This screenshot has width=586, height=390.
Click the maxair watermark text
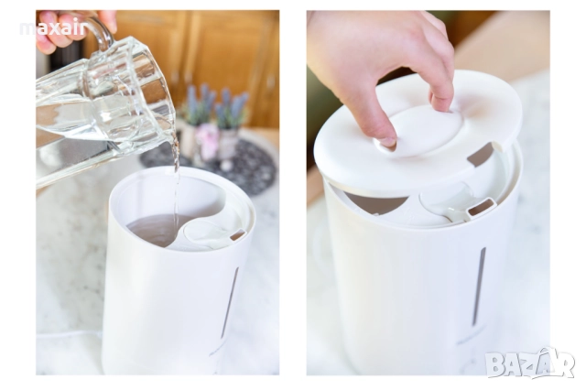pos(53,28)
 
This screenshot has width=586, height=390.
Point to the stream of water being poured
pos(176,183)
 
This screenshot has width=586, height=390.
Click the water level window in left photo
pos(230,303)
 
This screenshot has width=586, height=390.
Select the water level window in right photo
pos(480,286)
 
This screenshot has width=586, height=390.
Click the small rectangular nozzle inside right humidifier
pos(483,207)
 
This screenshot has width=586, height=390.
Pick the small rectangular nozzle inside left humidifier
pos(238,235)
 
